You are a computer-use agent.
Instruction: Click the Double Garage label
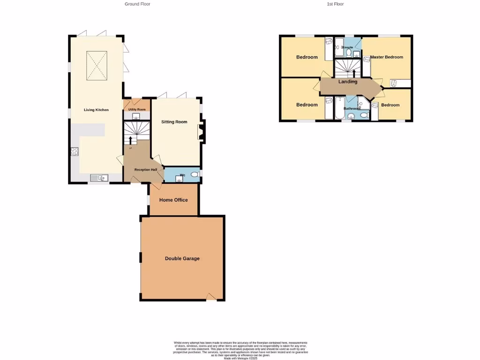click(x=182, y=258)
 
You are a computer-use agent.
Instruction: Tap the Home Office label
click(x=173, y=200)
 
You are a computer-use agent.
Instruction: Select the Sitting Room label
click(x=174, y=122)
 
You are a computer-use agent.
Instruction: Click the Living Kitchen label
click(x=96, y=110)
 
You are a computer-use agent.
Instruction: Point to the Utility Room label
click(x=137, y=109)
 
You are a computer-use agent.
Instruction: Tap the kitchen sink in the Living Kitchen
click(x=99, y=177)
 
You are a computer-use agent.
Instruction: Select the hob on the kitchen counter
click(x=74, y=151)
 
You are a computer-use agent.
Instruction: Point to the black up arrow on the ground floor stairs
click(x=130, y=140)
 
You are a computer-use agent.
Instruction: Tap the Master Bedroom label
click(x=386, y=57)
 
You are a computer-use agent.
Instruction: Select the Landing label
click(x=348, y=82)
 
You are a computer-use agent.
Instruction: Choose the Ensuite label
click(x=348, y=48)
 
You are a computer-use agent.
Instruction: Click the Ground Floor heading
click(x=137, y=4)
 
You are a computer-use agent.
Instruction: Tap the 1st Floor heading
click(x=335, y=4)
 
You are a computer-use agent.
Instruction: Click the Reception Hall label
click(x=145, y=169)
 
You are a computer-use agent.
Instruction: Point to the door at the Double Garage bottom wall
click(x=212, y=296)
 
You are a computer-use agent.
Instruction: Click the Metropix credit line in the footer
click(x=240, y=358)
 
